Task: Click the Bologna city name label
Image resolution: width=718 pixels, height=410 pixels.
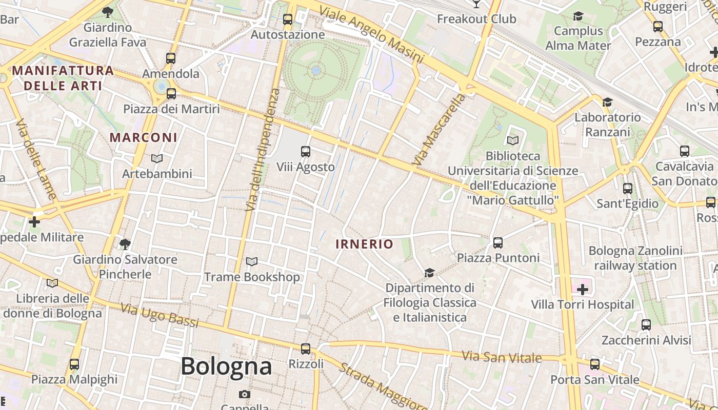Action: [226, 366]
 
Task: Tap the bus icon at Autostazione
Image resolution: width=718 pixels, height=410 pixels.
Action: [288, 19]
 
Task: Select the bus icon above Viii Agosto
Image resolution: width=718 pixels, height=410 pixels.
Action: [306, 151]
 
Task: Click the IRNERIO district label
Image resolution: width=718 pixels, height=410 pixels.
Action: [364, 244]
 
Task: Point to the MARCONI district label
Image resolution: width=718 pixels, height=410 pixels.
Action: [144, 137]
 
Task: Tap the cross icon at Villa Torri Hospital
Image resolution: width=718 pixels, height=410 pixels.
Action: [583, 290]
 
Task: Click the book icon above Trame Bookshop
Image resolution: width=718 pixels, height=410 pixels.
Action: [252, 262]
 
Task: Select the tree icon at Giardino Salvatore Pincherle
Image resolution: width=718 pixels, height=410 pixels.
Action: [125, 244]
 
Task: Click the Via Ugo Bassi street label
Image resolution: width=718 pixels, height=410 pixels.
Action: [159, 315]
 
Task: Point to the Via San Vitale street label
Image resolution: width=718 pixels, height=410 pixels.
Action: [502, 356]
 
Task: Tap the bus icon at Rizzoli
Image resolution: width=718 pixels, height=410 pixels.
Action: [306, 349]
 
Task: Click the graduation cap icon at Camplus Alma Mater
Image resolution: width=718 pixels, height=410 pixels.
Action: [578, 16]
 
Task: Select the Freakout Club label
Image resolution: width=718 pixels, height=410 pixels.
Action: [476, 19]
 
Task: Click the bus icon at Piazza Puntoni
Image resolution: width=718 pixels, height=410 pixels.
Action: [498, 242]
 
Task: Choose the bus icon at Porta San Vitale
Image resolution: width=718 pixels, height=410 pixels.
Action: [595, 364]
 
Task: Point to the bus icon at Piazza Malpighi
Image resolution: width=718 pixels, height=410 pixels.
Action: [74, 364]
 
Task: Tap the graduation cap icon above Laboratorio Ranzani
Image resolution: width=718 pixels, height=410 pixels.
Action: [608, 102]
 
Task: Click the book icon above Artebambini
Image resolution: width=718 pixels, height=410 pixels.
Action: [157, 158]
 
